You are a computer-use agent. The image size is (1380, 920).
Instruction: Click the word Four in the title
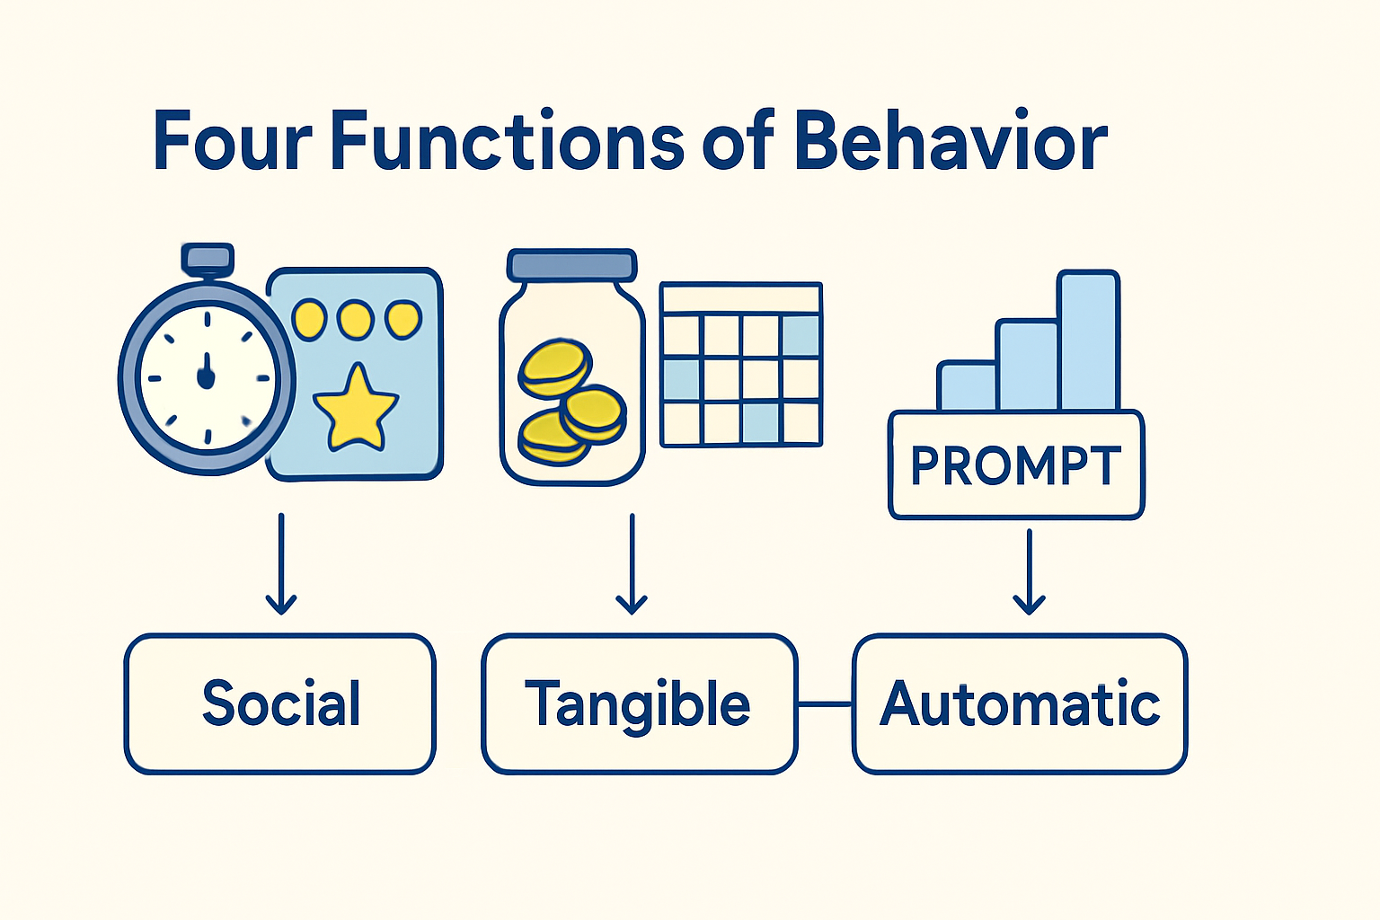(x=232, y=141)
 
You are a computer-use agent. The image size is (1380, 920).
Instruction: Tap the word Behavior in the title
(x=950, y=141)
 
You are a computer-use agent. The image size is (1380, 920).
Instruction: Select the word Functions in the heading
(x=508, y=141)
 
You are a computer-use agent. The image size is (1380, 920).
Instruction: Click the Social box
(x=280, y=703)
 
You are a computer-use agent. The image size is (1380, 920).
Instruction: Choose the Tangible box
(x=639, y=703)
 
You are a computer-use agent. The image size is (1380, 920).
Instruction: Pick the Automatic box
(x=1020, y=703)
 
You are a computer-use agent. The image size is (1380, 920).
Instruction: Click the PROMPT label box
(x=1016, y=464)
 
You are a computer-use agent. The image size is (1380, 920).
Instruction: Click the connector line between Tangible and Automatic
(x=825, y=703)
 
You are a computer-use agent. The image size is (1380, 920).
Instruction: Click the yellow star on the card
(x=356, y=409)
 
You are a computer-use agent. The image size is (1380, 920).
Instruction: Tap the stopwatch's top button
(x=208, y=258)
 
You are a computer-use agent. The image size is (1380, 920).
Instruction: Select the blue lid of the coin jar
(x=571, y=265)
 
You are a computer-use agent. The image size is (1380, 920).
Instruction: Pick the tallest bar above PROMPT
(x=1089, y=341)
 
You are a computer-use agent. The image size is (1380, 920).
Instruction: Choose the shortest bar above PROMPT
(x=967, y=386)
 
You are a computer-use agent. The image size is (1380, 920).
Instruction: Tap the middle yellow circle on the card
(x=355, y=319)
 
